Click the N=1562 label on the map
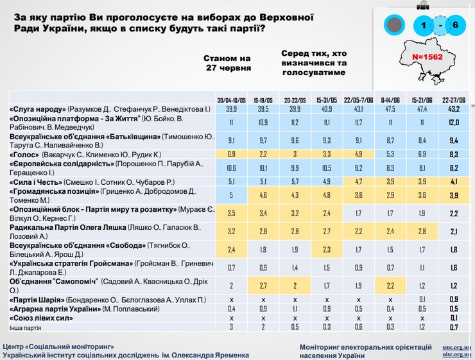(x=429, y=57)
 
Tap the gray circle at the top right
(x=394, y=25)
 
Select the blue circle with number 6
(x=455, y=25)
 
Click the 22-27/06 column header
(x=453, y=99)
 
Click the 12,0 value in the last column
(x=453, y=122)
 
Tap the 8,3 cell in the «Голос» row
(x=453, y=154)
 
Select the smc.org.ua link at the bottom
(x=457, y=347)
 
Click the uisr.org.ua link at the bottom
(x=457, y=354)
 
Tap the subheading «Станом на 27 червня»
(x=227, y=62)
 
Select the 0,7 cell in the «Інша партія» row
(x=453, y=327)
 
